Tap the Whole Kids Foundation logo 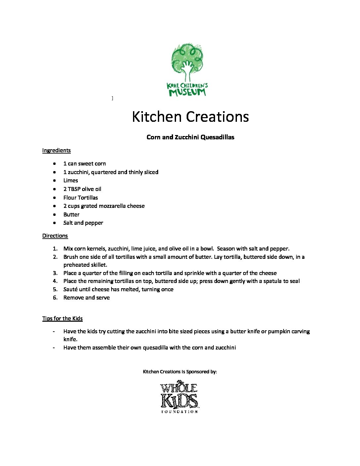[x=179, y=397]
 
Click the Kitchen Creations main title [x=190, y=117]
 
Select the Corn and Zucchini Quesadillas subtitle [x=190, y=137]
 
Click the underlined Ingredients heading [x=56, y=150]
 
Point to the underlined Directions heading [x=55, y=236]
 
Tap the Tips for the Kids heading [x=62, y=318]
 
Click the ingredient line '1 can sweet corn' [x=84, y=163]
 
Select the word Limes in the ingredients [x=70, y=180]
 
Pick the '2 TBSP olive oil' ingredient [x=82, y=189]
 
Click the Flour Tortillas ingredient [x=80, y=198]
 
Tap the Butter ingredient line [x=71, y=214]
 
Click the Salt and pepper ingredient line [x=83, y=223]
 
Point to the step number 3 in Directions [x=55, y=273]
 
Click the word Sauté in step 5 [x=70, y=289]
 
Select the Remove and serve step [x=86, y=298]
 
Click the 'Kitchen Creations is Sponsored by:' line [x=180, y=372]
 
